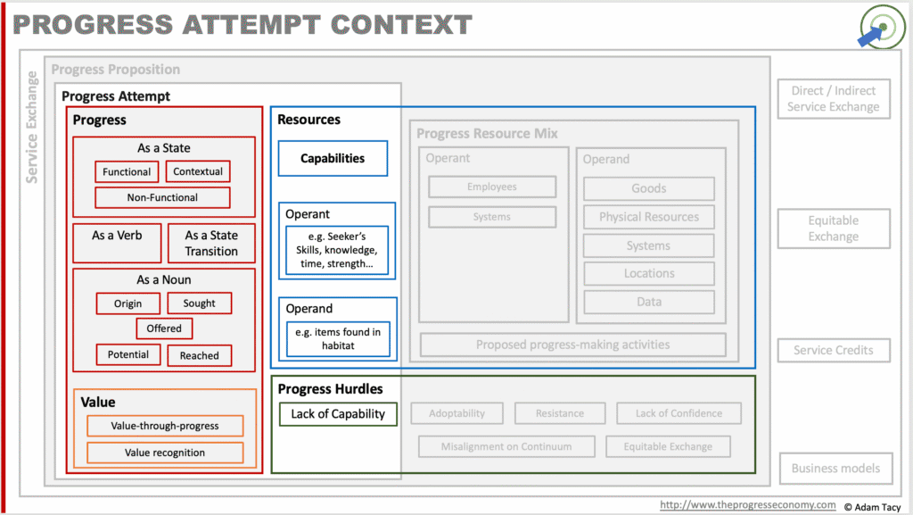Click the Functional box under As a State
(127, 172)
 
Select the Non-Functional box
(162, 197)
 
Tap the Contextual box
(198, 171)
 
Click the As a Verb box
(117, 243)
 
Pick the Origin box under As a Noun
(128, 303)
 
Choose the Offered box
(164, 328)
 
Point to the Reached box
(199, 355)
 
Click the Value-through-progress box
(165, 426)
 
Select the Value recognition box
(165, 453)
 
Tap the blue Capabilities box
(333, 159)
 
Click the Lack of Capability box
(338, 414)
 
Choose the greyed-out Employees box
(492, 187)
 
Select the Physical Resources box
(649, 217)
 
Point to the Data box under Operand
(649, 302)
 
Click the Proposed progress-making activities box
(573, 345)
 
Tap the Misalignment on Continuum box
(506, 447)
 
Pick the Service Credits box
(834, 350)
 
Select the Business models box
(836, 469)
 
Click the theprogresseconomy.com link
(748, 505)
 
